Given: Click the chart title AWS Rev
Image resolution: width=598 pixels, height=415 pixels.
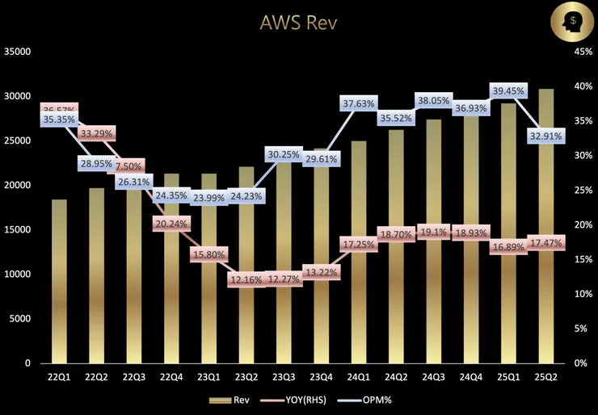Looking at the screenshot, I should click(x=298, y=23).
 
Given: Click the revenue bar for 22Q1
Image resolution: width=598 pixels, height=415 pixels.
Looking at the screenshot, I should click(x=59, y=283).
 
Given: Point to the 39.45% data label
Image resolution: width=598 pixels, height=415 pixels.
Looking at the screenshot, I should click(x=507, y=90).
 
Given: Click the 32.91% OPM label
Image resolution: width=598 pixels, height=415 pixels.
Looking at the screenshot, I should click(x=546, y=136).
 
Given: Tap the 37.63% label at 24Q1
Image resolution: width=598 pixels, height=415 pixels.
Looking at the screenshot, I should click(x=359, y=103).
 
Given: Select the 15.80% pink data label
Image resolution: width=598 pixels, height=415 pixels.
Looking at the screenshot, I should click(x=208, y=255).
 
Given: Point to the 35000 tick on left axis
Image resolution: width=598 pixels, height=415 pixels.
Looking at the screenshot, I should click(x=17, y=52).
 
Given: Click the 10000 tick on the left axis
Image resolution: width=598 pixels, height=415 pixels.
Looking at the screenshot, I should click(x=17, y=275).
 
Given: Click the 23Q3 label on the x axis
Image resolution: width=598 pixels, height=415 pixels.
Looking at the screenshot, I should click(x=284, y=377).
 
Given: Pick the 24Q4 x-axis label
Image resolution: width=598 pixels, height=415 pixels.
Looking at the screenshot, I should click(x=471, y=377).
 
